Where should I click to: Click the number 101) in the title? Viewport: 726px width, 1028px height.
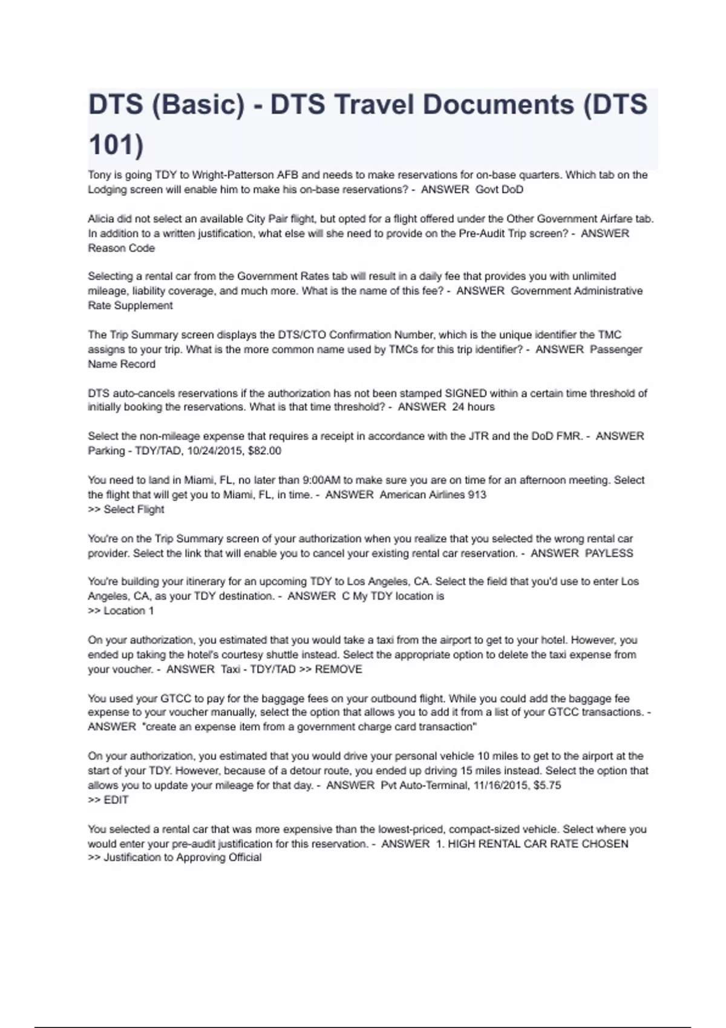click(x=116, y=145)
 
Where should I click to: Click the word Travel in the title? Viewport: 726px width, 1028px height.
click(x=375, y=105)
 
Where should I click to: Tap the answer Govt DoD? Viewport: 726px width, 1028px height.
click(x=499, y=189)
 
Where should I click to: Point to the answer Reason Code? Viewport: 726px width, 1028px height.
click(x=121, y=248)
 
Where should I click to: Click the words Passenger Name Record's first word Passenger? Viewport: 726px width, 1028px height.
click(x=616, y=349)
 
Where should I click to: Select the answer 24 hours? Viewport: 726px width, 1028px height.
click(x=473, y=407)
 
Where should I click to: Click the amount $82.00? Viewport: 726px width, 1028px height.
click(x=264, y=451)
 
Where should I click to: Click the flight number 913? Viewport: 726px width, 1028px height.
click(x=477, y=495)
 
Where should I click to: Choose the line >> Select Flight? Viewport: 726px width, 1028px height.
click(x=126, y=509)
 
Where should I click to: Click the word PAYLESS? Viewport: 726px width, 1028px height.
click(x=609, y=553)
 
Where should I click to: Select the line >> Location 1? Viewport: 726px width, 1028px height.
click(x=121, y=611)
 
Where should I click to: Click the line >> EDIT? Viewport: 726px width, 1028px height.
click(x=108, y=799)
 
